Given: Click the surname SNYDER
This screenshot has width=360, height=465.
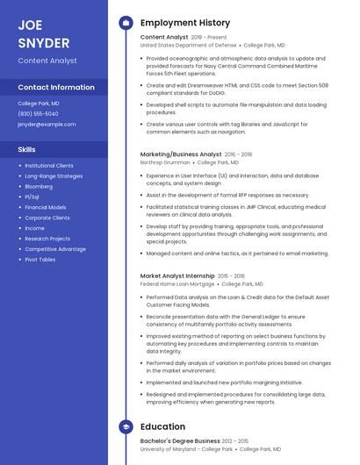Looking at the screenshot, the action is click(43, 42).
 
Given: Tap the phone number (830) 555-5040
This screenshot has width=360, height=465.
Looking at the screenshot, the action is click(38, 113).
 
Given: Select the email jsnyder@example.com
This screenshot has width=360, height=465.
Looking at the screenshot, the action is click(47, 124).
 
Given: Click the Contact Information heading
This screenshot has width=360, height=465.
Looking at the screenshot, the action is click(56, 87).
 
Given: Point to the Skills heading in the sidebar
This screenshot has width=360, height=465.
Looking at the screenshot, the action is click(27, 149).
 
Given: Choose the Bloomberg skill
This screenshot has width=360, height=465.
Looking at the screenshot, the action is click(39, 186).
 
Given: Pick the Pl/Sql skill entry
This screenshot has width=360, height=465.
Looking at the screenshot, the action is click(33, 197).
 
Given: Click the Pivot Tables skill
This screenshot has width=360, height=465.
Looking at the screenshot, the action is click(40, 259).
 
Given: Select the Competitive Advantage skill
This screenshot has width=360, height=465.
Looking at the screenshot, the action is click(55, 248).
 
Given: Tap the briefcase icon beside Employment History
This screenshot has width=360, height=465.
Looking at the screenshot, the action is click(125, 22).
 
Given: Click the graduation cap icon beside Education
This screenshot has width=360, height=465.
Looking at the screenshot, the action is click(125, 427).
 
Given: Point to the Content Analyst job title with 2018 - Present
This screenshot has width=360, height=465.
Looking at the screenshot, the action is click(164, 38).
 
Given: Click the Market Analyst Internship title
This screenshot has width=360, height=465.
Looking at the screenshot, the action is click(177, 275).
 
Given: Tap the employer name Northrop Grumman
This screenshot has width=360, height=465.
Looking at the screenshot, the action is click(165, 162).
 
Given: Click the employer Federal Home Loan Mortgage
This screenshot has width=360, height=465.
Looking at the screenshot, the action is click(177, 284).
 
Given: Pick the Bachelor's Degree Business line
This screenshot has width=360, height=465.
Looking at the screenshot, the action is click(180, 440).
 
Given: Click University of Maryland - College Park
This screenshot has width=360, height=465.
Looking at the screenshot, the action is click(186, 449).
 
